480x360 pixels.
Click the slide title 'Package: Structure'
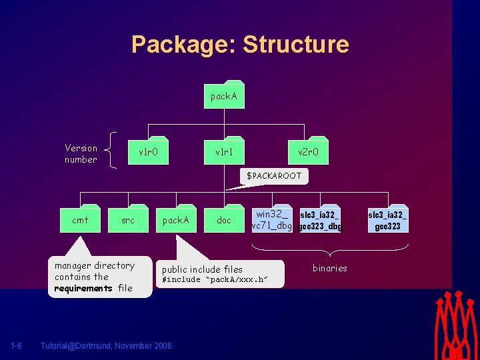click(240, 44)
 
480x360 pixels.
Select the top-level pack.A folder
click(224, 96)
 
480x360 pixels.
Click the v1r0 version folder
click(148, 152)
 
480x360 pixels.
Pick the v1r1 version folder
click(224, 152)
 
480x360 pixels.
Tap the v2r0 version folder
click(308, 152)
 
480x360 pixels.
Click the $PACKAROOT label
click(274, 176)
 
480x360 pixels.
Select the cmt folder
click(80, 219)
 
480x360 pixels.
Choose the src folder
click(128, 219)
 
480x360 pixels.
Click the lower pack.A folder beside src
click(176, 219)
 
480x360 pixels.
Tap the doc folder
click(224, 219)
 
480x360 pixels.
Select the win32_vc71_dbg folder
click(272, 219)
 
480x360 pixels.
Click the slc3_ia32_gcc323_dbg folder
click(320, 220)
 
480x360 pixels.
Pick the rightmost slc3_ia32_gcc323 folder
click(388, 220)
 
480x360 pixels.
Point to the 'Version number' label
click(81, 154)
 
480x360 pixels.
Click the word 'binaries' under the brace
click(330, 268)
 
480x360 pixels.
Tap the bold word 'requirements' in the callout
click(83, 289)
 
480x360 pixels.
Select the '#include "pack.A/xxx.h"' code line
click(215, 280)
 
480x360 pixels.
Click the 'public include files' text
click(203, 269)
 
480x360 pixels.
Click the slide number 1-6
click(17, 345)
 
